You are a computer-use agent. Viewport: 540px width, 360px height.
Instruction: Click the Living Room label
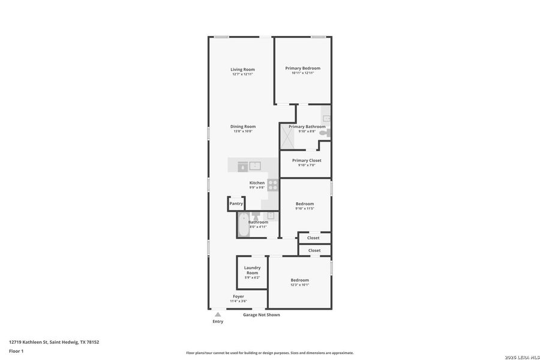[242, 70]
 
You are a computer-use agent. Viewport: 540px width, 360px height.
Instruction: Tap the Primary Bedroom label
[302, 68]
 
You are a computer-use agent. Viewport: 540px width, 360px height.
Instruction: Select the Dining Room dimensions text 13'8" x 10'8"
[243, 131]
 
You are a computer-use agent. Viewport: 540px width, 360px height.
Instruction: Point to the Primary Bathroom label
[307, 127]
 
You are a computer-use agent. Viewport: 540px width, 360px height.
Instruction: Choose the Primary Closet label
[307, 160]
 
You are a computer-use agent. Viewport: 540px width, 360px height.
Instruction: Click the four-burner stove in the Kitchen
[273, 185]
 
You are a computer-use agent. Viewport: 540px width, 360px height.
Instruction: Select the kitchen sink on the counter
[255, 166]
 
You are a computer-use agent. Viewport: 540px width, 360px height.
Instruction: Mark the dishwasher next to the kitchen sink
[242, 166]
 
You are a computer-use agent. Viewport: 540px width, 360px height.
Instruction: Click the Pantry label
[236, 203]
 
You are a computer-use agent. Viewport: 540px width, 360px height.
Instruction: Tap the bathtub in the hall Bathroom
[242, 225]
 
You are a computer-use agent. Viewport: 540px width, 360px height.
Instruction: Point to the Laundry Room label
[252, 270]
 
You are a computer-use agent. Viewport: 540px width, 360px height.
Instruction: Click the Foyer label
[238, 296]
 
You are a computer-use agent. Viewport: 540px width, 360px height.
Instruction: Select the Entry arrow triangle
[218, 314]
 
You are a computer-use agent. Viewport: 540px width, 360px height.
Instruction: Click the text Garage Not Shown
[261, 314]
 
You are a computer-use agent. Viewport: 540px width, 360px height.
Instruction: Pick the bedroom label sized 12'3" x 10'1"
[299, 280]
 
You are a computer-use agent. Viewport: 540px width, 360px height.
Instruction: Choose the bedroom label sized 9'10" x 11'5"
[304, 204]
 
